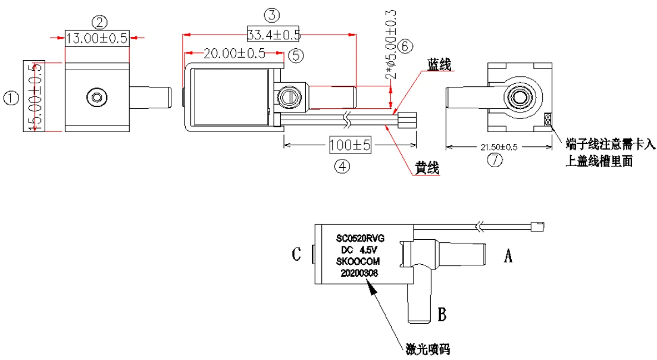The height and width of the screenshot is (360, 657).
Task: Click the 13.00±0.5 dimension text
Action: (97, 38)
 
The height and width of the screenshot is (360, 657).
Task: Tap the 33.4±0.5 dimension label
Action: (273, 35)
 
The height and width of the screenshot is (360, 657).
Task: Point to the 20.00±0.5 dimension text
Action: (234, 54)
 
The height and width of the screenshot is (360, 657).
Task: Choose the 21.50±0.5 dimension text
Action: (499, 147)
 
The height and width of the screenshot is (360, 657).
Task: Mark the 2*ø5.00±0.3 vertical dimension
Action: (391, 45)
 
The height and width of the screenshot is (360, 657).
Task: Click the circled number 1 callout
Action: (11, 99)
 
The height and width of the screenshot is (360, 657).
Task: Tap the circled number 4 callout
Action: (342, 167)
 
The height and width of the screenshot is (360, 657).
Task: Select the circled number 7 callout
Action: (495, 160)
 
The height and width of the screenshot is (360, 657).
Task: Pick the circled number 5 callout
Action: (296, 55)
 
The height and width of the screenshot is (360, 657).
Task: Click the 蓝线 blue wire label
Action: (439, 65)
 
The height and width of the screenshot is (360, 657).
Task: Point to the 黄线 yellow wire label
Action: (427, 168)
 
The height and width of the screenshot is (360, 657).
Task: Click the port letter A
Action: (508, 255)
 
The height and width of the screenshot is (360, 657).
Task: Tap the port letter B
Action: (442, 314)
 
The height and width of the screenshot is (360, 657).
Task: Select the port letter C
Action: (296, 254)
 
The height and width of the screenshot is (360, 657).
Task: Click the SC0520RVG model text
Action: (361, 239)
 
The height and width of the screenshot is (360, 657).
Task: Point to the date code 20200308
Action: (359, 273)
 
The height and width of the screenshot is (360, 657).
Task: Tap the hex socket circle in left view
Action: (97, 98)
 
